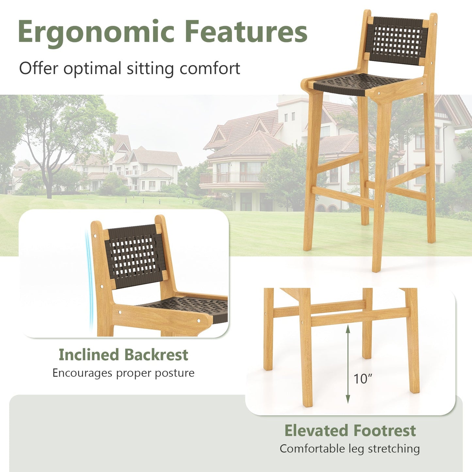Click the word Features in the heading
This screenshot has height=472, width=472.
(x=246, y=32)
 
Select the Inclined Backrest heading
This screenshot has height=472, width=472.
(x=123, y=355)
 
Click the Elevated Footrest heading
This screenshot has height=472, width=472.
(x=350, y=431)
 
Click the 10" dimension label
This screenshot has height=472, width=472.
(x=363, y=379)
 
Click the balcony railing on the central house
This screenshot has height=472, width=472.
(x=230, y=178)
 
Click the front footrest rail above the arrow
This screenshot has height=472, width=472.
(x=359, y=317)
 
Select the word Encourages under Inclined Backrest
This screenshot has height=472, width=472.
(x=82, y=373)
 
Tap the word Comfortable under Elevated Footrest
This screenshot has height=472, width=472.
(x=312, y=449)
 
